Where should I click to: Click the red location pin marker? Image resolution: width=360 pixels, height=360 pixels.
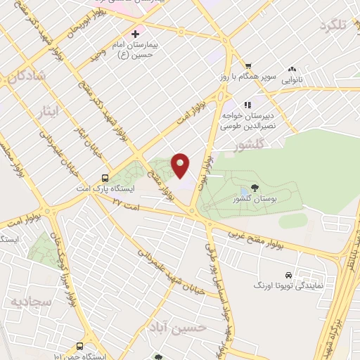(x=181, y=165)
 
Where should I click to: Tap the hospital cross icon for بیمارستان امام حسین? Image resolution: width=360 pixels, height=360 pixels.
(x=135, y=34)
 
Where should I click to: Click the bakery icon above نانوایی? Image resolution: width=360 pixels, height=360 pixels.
(x=292, y=70)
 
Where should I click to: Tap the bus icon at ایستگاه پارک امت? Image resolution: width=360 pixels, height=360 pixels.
(x=105, y=178)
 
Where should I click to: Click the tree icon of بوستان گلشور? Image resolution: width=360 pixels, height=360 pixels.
(x=253, y=188)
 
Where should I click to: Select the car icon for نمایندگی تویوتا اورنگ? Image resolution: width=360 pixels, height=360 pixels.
(x=289, y=275)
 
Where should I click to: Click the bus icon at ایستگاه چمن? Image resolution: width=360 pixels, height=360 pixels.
(x=79, y=346)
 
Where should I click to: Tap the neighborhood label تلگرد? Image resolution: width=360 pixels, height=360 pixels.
(x=333, y=26)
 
